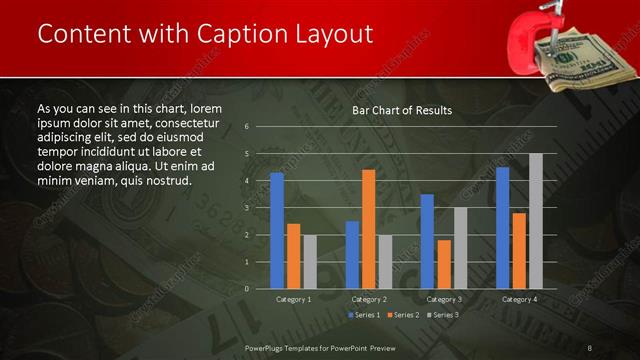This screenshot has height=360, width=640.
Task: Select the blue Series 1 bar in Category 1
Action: point(277,230)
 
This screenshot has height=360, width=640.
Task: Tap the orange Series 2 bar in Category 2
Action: point(368,228)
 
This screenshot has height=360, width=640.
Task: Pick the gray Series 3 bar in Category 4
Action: point(536,220)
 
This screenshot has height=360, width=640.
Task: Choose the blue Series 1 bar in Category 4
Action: point(502,227)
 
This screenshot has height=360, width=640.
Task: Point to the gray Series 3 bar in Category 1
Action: point(310,261)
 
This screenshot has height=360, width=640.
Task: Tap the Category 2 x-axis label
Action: point(369,299)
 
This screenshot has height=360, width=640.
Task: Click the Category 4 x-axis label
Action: point(519,299)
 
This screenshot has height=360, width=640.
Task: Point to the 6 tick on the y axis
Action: point(246,127)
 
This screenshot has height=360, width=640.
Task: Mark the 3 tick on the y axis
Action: point(246,208)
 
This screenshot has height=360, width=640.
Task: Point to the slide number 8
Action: point(590,347)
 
